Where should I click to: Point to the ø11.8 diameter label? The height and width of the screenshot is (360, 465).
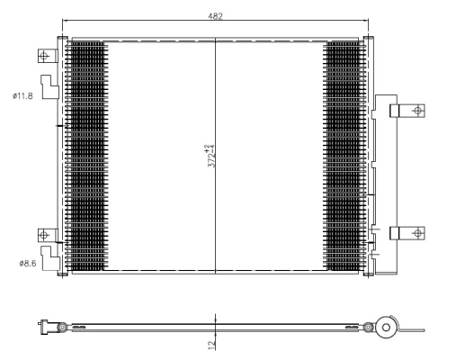pyautogui.click(x=23, y=96)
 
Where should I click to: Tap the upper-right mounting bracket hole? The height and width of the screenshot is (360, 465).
pyautogui.click(x=416, y=111)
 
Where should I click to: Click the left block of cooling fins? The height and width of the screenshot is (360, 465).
pyautogui.click(x=86, y=157)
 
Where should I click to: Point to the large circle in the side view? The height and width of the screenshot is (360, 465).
pyautogui.click(x=387, y=327)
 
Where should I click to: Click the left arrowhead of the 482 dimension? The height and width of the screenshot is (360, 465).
pyautogui.click(x=65, y=22)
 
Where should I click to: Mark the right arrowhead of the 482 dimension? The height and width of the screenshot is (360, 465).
pyautogui.click(x=365, y=22)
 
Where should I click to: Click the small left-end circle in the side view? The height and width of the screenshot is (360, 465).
pyautogui.click(x=60, y=327)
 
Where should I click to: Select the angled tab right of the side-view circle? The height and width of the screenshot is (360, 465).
pyautogui.click(x=408, y=331)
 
